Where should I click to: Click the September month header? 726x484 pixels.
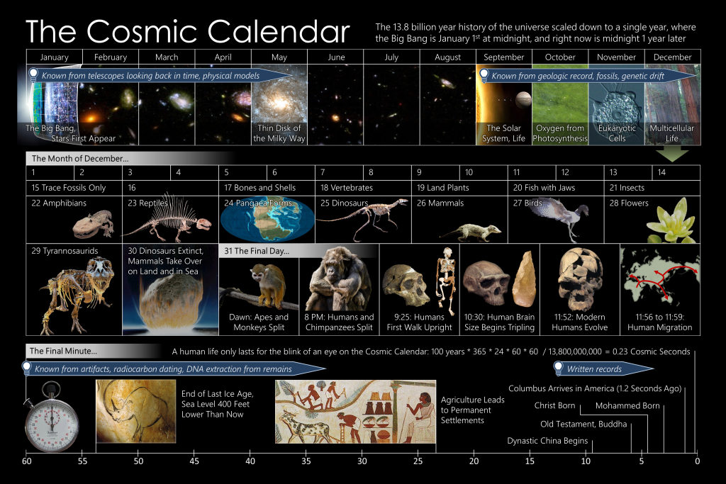pyautogui.click(x=504, y=57)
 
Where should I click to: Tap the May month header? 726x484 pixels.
pyautogui.click(x=279, y=57)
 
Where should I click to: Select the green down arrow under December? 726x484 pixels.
pyautogui.click(x=672, y=154)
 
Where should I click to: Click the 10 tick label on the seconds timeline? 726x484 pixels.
pyautogui.click(x=586, y=461)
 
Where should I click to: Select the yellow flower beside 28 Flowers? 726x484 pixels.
pyautogui.click(x=671, y=220)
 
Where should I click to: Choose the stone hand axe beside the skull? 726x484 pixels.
pyautogui.click(x=525, y=279)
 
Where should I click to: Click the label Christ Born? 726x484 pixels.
pyautogui.click(x=554, y=405)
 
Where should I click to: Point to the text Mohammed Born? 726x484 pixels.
pyautogui.click(x=627, y=406)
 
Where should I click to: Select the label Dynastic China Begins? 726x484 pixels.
pyautogui.click(x=547, y=441)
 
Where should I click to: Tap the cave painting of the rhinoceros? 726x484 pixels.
pyautogui.click(x=135, y=411)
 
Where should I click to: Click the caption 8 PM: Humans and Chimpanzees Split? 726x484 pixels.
pyautogui.click(x=339, y=322)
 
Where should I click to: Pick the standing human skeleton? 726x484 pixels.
pyautogui.click(x=445, y=275)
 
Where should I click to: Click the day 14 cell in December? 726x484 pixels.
pyautogui.click(x=676, y=172)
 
